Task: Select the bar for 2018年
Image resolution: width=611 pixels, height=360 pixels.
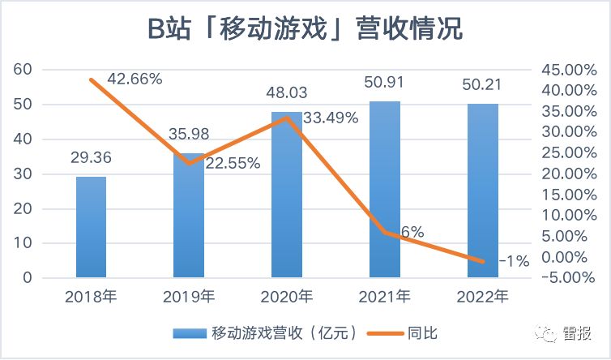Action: pyautogui.click(x=91, y=228)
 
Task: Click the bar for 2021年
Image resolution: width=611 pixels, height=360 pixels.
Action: pyautogui.click(x=384, y=191)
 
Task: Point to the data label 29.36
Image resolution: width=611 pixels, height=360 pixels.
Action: pyautogui.click(x=91, y=161)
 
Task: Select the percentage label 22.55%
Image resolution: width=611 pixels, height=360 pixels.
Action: pyautogui.click(x=233, y=164)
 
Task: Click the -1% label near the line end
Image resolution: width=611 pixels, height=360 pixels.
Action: pyautogui.click(x=514, y=261)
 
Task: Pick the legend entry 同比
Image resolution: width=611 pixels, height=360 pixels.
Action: pyautogui.click(x=424, y=332)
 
